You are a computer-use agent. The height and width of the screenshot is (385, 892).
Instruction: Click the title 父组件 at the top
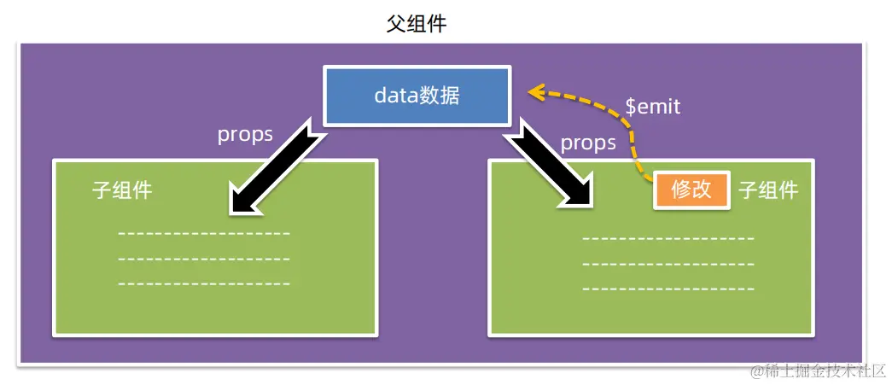pos(416,24)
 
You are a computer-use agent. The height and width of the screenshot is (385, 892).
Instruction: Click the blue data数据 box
pos(417,95)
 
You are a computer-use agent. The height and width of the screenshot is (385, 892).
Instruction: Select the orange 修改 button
pos(691,190)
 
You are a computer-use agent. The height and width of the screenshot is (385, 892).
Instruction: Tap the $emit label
pos(653,108)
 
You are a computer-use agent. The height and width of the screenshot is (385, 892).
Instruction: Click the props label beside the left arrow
pos(245,135)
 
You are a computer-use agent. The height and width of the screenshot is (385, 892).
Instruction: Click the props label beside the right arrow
pos(588,143)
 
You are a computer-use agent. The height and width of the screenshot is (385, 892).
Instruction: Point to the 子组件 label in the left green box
pos(122,190)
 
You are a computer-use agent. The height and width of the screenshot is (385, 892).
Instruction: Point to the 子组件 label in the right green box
pos(768,190)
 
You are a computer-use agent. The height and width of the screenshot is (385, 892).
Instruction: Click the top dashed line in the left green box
pos(204,233)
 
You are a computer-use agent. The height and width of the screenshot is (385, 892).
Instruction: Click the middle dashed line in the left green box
pos(204,259)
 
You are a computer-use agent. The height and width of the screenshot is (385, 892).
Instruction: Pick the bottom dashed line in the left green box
pos(204,283)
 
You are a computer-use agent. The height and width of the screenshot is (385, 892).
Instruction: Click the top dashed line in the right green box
pos(668,238)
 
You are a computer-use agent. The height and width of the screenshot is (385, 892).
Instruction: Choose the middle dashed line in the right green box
pos(668,264)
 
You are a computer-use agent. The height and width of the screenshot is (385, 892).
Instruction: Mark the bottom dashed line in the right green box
pos(668,289)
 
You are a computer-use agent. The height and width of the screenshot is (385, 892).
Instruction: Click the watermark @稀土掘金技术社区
pos(818,370)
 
